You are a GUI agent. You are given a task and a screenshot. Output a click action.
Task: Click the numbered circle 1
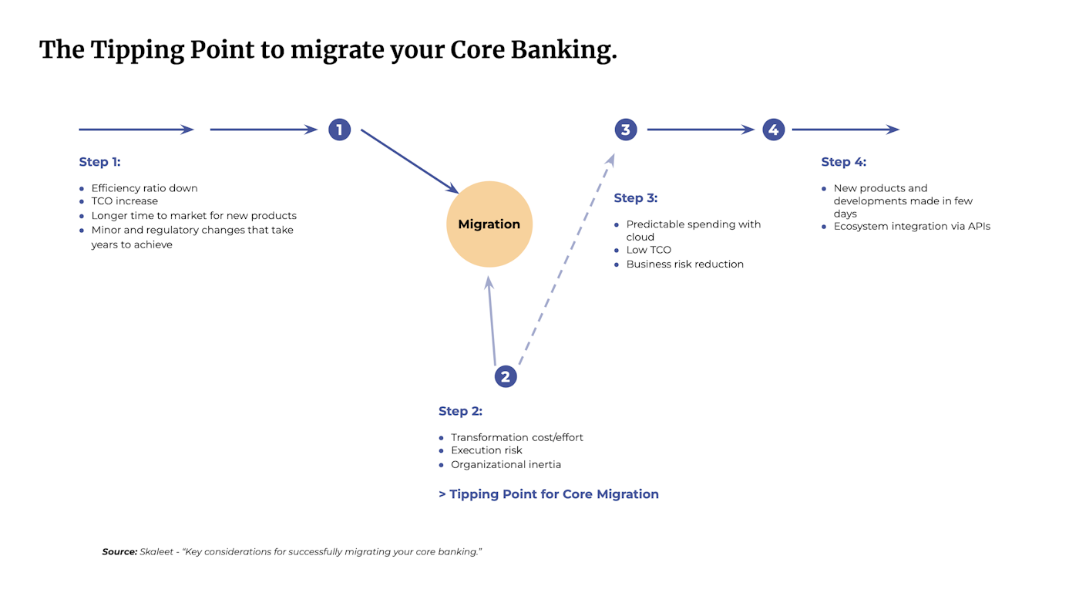point(339,130)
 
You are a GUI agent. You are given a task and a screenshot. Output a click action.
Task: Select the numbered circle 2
point(505,376)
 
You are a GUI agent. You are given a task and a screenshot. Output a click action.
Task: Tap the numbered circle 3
point(625,130)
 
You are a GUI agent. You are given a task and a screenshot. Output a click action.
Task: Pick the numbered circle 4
point(773,130)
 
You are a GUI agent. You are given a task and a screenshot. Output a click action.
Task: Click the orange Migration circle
point(489,224)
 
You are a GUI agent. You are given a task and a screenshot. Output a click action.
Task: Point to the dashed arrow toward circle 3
point(566,260)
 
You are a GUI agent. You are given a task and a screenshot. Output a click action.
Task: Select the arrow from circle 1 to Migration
point(409,161)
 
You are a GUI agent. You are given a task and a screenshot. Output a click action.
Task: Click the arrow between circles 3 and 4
point(700,130)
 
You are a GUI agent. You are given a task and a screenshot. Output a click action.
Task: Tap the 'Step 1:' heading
point(99,162)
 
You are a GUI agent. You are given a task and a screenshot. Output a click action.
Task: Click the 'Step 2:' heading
point(460,411)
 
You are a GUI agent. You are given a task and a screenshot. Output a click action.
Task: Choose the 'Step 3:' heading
point(635,198)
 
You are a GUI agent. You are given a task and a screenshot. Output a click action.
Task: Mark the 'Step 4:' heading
point(843,162)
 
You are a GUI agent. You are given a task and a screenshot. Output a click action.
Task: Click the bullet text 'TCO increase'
point(124,201)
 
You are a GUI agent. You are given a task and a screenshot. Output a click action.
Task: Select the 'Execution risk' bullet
point(486,450)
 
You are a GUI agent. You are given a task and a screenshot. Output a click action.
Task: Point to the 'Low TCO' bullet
point(648,250)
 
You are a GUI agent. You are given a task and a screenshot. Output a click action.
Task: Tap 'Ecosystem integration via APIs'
point(912,227)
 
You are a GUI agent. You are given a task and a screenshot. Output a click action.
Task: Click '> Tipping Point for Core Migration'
point(549,494)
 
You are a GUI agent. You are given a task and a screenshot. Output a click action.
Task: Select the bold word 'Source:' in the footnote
point(119,552)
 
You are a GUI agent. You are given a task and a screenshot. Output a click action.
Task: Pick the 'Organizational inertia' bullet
point(506,465)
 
